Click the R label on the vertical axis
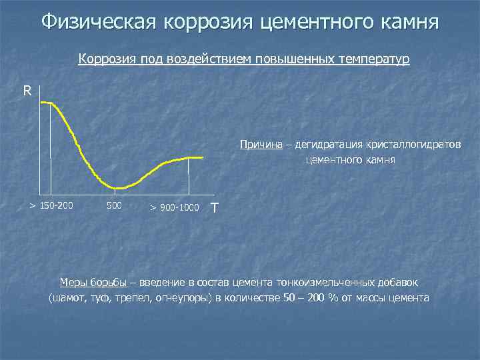27,91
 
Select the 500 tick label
114,205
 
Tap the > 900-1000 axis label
175,207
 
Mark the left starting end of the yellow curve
42,102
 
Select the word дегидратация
325,145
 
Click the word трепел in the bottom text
138,297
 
